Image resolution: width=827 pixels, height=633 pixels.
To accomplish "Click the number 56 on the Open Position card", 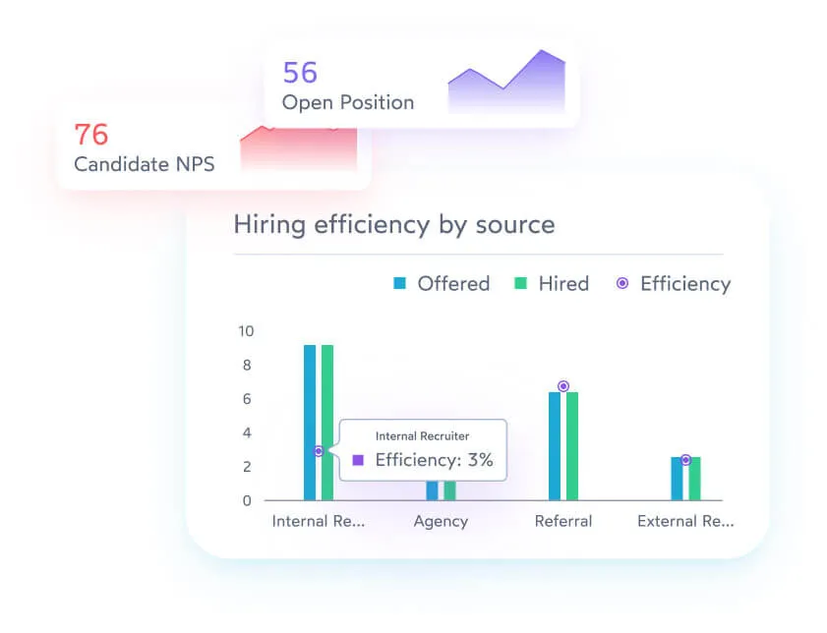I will (x=300, y=73).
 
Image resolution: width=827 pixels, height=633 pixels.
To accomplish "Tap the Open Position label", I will (x=347, y=102).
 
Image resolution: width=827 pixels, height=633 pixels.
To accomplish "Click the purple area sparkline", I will (x=506, y=84).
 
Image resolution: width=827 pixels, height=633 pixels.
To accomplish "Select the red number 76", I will (x=91, y=134).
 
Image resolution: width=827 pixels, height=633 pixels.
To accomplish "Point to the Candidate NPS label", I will (x=144, y=164).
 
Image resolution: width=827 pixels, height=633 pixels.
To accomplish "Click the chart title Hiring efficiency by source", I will (x=393, y=224).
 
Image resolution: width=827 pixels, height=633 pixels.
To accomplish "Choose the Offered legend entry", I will (x=442, y=284).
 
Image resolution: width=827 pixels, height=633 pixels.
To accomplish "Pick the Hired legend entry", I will (x=552, y=284).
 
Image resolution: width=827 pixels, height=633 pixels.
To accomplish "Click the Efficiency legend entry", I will (x=675, y=284).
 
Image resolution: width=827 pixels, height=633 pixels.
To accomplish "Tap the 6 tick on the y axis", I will (x=247, y=399).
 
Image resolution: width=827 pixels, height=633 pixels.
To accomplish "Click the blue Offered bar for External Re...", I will (x=678, y=479).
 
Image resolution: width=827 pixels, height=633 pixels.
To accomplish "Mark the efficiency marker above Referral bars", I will (x=563, y=386).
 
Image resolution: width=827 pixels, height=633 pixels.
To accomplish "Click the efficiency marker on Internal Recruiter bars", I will (x=319, y=451).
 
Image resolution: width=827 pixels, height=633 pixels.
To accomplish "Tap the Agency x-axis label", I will (x=441, y=521).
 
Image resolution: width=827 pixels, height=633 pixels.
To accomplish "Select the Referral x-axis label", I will (x=563, y=521).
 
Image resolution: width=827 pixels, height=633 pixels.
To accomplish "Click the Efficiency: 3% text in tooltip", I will (x=434, y=460).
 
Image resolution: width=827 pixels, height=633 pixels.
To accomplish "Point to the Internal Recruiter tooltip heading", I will (x=423, y=435).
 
